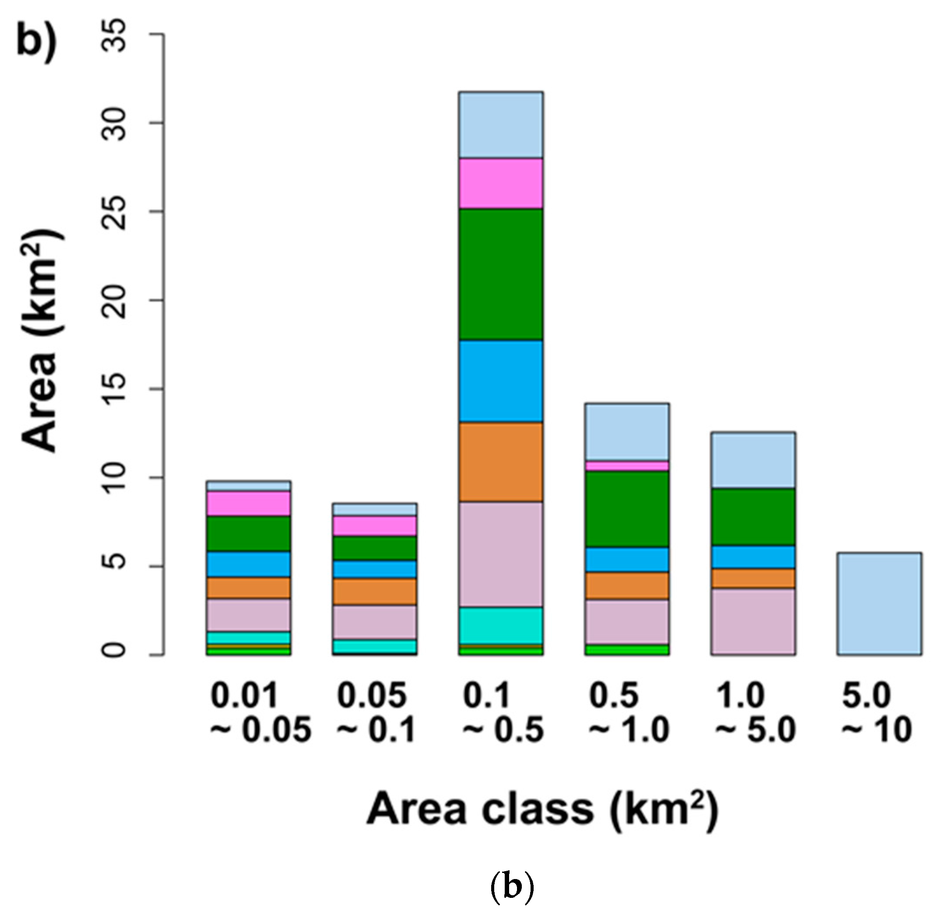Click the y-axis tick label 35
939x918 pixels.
tap(115, 35)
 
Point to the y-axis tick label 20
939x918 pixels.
tap(115, 300)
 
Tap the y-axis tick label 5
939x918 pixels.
tap(115, 566)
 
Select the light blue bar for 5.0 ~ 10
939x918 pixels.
tap(879, 604)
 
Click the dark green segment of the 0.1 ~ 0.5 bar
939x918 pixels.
tap(501, 274)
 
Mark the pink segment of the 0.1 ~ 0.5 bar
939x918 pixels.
tap(501, 183)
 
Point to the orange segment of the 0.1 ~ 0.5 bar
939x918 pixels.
tap(501, 461)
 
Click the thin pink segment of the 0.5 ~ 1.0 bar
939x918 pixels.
tap(626, 466)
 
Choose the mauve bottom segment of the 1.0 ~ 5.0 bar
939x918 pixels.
tap(753, 621)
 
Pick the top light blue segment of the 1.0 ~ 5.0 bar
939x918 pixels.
tap(753, 460)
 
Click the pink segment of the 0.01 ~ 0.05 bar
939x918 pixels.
tap(248, 503)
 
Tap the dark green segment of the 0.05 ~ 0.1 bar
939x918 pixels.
tap(375, 548)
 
